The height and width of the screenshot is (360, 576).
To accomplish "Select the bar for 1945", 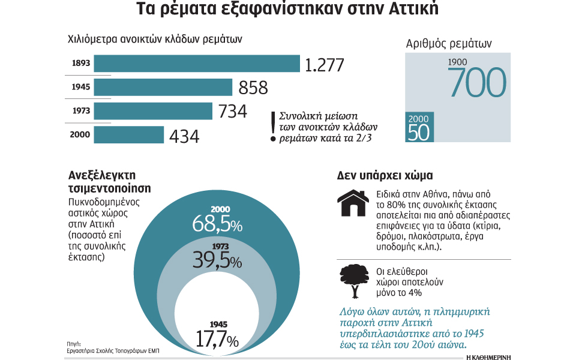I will pos(164,88).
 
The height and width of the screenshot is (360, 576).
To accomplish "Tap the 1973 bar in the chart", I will pos(154,111).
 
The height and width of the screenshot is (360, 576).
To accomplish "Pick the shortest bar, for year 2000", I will pos(129,134).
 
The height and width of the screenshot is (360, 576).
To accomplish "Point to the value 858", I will pos(253,88).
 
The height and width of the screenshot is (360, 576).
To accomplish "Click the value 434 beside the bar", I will pos(184,136).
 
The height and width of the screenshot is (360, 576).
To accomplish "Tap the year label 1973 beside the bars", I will pos(80,111).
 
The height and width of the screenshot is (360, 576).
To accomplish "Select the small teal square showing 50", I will pos(419,127).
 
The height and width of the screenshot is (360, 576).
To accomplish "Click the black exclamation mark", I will pos(274,126).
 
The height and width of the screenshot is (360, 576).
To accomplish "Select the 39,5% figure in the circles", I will pos(217,261).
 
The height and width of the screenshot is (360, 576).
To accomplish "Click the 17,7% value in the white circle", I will pos(217,339).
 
